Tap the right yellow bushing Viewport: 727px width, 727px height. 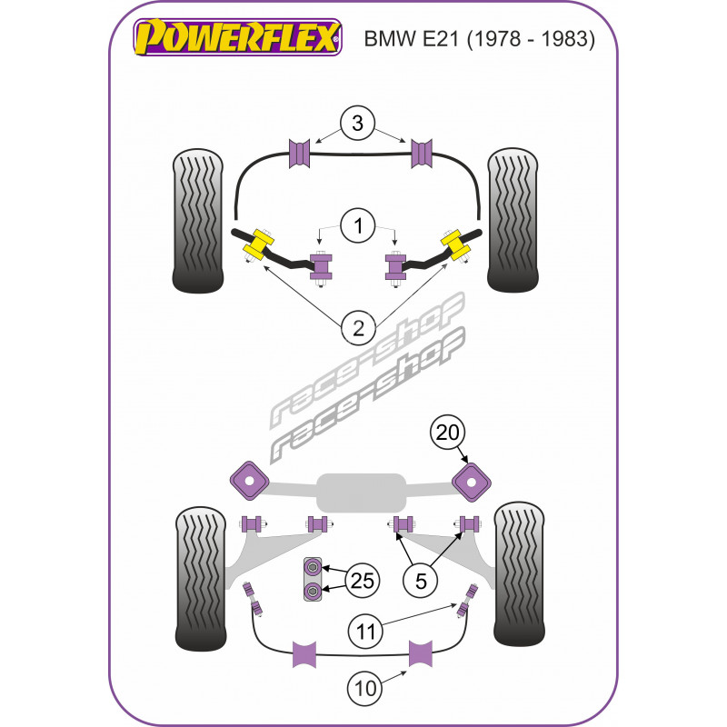pyautogui.click(x=455, y=243)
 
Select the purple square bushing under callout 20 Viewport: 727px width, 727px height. pyautogui.click(x=473, y=481)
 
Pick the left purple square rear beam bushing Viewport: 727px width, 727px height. pyautogui.click(x=247, y=481)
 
